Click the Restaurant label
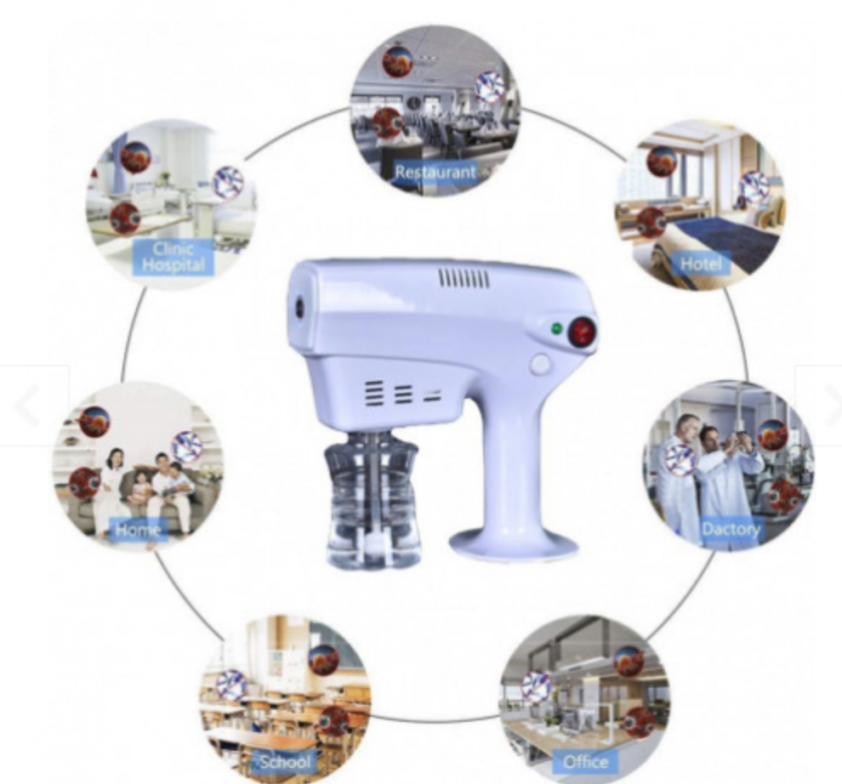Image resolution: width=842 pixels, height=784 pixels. (x=435, y=173)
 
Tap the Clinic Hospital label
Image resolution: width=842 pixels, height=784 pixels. (x=174, y=257)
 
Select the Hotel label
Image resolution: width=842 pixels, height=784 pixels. (x=701, y=263)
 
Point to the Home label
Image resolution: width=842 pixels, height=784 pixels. (x=138, y=530)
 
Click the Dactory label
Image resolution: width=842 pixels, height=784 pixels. (x=731, y=529)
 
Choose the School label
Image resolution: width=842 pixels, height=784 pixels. (x=286, y=761)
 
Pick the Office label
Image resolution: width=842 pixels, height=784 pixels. (x=585, y=762)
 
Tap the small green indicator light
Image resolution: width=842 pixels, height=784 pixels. (x=556, y=328)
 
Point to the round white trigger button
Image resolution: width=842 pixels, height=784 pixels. (x=540, y=365)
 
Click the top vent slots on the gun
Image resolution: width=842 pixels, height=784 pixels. (x=464, y=279)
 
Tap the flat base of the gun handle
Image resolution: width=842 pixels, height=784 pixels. (x=514, y=545)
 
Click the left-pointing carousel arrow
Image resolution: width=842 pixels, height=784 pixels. (x=27, y=406)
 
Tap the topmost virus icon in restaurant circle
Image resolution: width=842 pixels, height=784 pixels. (x=397, y=61)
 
